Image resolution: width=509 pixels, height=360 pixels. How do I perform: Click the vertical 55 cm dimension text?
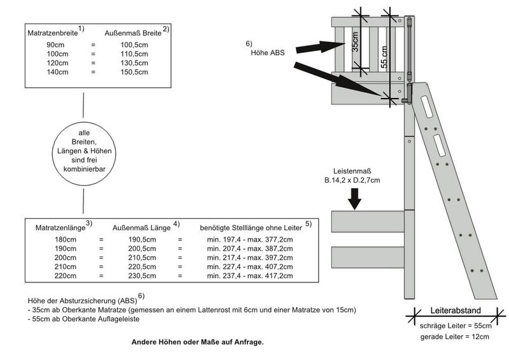click(x=384, y=60)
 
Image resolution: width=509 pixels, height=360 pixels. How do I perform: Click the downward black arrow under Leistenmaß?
click(x=355, y=200)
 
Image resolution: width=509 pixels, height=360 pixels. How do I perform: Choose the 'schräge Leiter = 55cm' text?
click(x=456, y=326)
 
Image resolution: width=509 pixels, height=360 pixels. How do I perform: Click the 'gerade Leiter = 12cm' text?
click(x=455, y=336)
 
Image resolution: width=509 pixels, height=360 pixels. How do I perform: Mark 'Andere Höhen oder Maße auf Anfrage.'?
click(x=197, y=342)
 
